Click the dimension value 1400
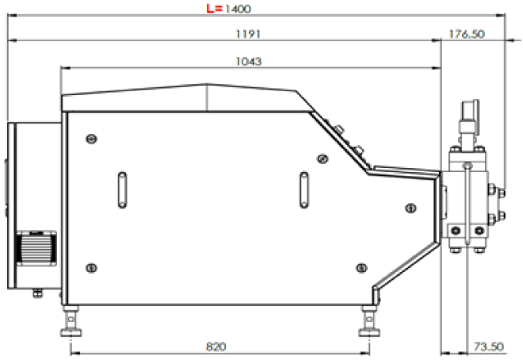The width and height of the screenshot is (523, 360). pyautogui.click(x=238, y=9)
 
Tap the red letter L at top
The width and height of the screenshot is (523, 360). pyautogui.click(x=211, y=8)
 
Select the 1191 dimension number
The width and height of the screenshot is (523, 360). pyautogui.click(x=248, y=34)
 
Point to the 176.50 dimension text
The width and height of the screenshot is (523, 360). pyautogui.click(x=467, y=34)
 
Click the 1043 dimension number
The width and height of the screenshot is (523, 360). pyautogui.click(x=249, y=61)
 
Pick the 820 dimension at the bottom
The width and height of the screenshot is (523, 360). pyautogui.click(x=216, y=347)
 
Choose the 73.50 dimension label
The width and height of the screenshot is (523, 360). pyautogui.click(x=489, y=347)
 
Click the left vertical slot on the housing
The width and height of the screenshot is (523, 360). pyautogui.click(x=122, y=190)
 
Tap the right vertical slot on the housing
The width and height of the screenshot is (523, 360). pyautogui.click(x=303, y=190)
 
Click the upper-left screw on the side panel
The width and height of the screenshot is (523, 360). pyautogui.click(x=92, y=139)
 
